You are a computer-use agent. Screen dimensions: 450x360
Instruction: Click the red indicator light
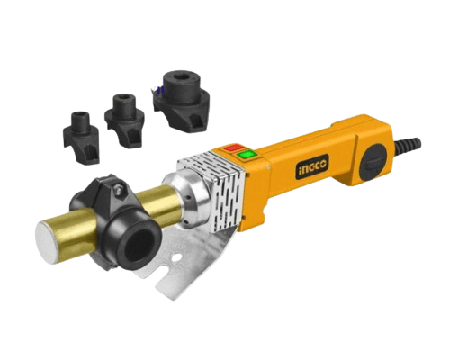pos(235,148)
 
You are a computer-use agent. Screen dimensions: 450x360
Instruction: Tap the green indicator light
pos(247,155)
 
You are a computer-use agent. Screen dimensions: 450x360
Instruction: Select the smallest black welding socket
pos(82,136)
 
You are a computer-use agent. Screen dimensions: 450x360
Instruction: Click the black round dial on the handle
pos(375,162)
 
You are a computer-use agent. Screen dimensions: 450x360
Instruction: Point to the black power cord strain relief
pos(407,144)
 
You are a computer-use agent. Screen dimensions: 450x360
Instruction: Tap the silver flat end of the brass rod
pos(47,242)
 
